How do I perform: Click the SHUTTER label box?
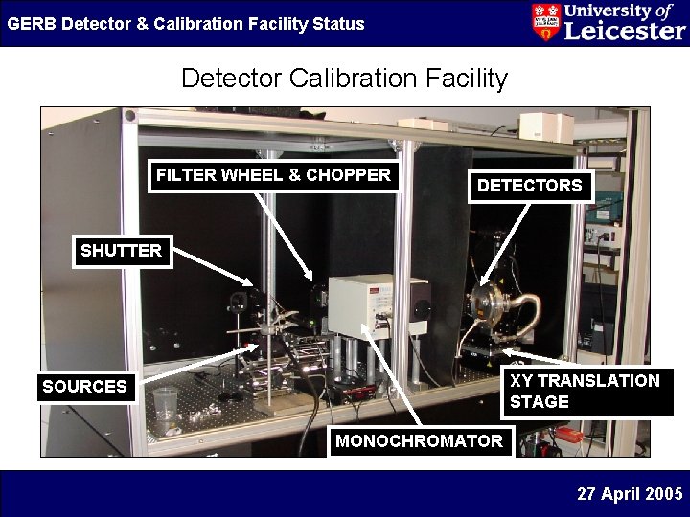point(122,251)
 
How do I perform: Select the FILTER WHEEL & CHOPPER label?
point(273,175)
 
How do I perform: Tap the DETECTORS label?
point(529,186)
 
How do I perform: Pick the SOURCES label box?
point(84,387)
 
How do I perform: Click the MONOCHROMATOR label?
point(419,441)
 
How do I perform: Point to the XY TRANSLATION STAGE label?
point(586,392)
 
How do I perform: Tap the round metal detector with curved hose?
point(494,303)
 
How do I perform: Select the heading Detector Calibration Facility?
point(344,78)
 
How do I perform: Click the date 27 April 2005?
point(630,494)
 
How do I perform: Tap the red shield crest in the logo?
point(545,22)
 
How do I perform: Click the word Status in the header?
point(338,23)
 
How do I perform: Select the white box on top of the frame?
point(544,125)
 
